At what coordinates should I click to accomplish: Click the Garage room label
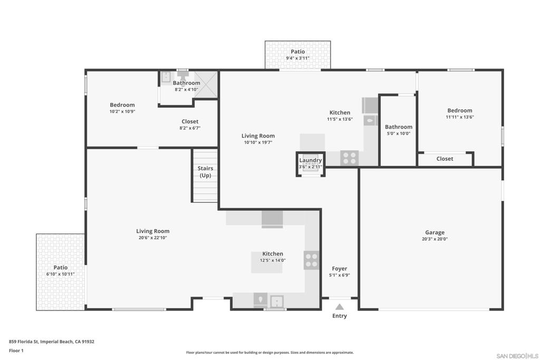point(435,232)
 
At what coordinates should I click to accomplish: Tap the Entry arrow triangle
point(340,307)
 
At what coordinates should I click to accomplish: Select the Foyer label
point(339,269)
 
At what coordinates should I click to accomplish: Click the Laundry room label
point(310,160)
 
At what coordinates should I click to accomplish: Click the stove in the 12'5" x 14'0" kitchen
point(311,260)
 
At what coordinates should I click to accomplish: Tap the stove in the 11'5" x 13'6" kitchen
point(349,157)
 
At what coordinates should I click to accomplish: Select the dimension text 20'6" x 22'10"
point(152,238)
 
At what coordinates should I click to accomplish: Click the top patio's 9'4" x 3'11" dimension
point(297,59)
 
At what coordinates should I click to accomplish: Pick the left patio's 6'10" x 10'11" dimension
point(60,274)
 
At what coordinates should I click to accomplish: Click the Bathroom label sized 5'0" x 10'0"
point(398,127)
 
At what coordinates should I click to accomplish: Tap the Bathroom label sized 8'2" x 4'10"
point(186,83)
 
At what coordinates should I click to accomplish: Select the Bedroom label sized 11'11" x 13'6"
point(459,111)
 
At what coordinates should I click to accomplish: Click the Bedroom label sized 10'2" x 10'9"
point(122,105)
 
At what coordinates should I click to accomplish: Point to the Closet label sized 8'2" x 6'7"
point(190,122)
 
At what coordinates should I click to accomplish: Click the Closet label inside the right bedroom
point(445,159)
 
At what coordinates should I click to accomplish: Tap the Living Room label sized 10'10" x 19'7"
point(258,136)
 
